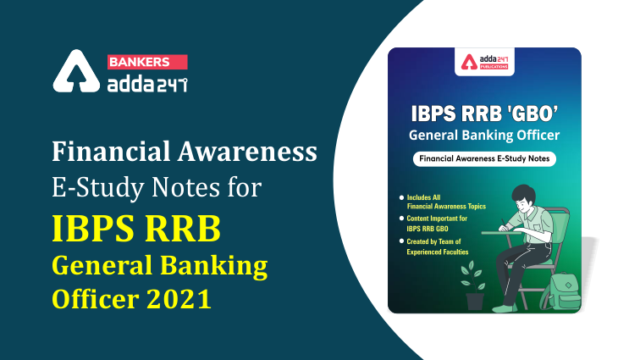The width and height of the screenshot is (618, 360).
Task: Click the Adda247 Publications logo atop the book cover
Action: point(483,64)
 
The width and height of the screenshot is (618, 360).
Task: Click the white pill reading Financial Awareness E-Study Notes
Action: point(484,159)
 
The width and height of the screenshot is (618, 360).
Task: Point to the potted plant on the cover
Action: point(475,283)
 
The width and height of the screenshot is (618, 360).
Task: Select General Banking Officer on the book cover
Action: point(483,134)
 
